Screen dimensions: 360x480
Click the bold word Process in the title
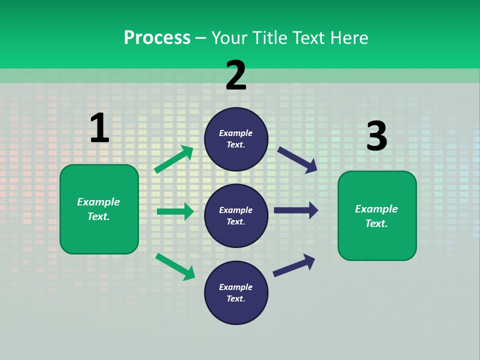point(157,38)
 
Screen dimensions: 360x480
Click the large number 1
point(99,128)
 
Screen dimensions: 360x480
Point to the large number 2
point(236,75)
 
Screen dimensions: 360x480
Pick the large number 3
point(376,136)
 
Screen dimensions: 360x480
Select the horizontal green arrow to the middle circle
point(175,211)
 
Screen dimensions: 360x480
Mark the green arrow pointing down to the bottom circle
point(175,266)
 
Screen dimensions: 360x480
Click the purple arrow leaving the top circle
point(297,159)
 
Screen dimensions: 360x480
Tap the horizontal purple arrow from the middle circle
point(296,210)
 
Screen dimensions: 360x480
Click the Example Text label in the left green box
point(98,209)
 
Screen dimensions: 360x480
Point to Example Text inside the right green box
point(376,216)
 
